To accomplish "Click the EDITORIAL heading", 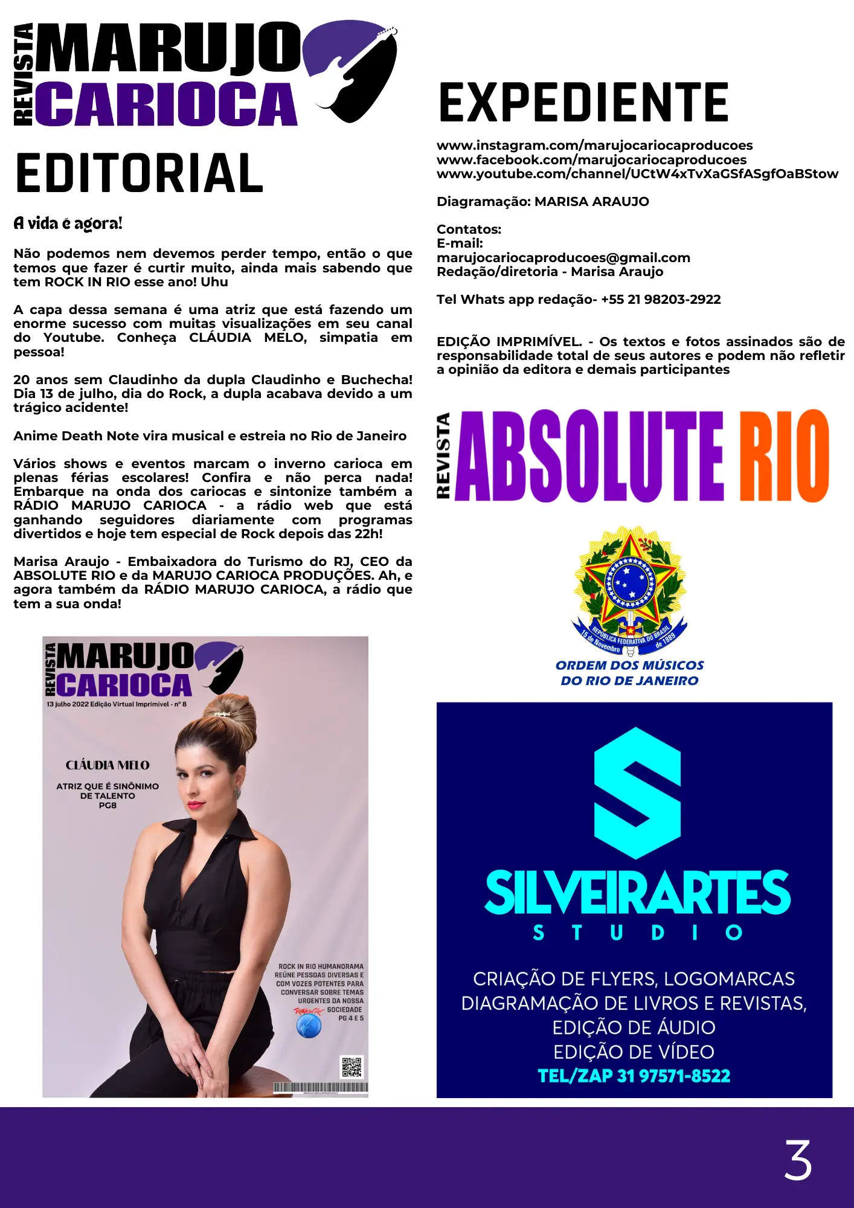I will click(140, 173).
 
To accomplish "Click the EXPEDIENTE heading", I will click(583, 103).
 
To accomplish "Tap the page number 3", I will click(797, 1160).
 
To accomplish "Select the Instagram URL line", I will click(594, 146).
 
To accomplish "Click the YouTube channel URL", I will click(637, 174).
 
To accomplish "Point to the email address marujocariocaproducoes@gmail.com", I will click(563, 258).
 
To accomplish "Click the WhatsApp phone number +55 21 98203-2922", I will click(661, 300).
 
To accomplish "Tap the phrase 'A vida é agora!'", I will click(68, 223).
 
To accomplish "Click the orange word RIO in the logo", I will click(784, 456).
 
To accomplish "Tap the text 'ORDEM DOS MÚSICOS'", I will click(629, 665).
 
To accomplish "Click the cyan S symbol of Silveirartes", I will click(637, 793).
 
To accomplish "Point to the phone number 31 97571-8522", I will click(673, 1076).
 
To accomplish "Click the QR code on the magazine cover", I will click(352, 1067).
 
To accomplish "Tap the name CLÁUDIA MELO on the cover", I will click(108, 765).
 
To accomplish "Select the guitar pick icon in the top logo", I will click(350, 69).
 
